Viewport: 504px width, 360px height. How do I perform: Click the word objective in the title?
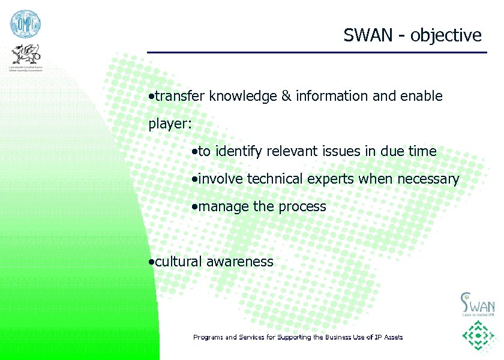(x=446, y=36)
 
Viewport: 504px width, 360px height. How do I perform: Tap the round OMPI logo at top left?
(x=25, y=25)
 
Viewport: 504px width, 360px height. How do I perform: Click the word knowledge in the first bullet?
(x=243, y=96)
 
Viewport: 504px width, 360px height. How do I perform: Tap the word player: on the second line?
(x=170, y=125)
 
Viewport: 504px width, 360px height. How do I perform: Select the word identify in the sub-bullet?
(x=239, y=152)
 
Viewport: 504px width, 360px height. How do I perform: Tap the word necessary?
(x=427, y=179)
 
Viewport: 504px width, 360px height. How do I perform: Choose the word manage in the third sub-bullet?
(x=224, y=207)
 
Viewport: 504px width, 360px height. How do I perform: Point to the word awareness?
(x=239, y=262)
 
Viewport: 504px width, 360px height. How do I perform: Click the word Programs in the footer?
(x=208, y=337)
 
